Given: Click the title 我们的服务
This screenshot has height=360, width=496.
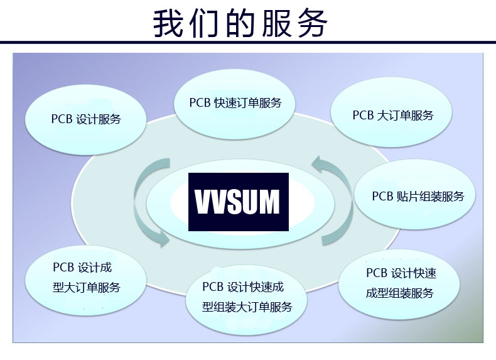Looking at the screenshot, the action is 240,23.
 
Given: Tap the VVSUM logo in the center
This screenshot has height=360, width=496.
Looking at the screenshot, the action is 239,202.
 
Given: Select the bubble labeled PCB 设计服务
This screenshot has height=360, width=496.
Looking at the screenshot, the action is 86,119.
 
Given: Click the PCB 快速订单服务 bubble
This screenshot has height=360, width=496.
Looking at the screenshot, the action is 235,104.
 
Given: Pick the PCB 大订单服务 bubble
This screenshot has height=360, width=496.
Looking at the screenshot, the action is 391,112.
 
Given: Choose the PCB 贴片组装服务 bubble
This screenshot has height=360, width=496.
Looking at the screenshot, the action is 415,194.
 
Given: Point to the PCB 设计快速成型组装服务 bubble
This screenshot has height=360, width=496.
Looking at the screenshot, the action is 399,284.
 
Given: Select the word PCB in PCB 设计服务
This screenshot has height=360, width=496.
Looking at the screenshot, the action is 62,119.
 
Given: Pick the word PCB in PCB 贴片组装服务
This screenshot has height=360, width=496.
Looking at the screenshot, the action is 382,196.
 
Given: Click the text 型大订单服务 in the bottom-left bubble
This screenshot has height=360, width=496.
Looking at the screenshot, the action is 87,288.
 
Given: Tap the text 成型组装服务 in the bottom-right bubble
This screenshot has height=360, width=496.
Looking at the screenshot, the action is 399,293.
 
